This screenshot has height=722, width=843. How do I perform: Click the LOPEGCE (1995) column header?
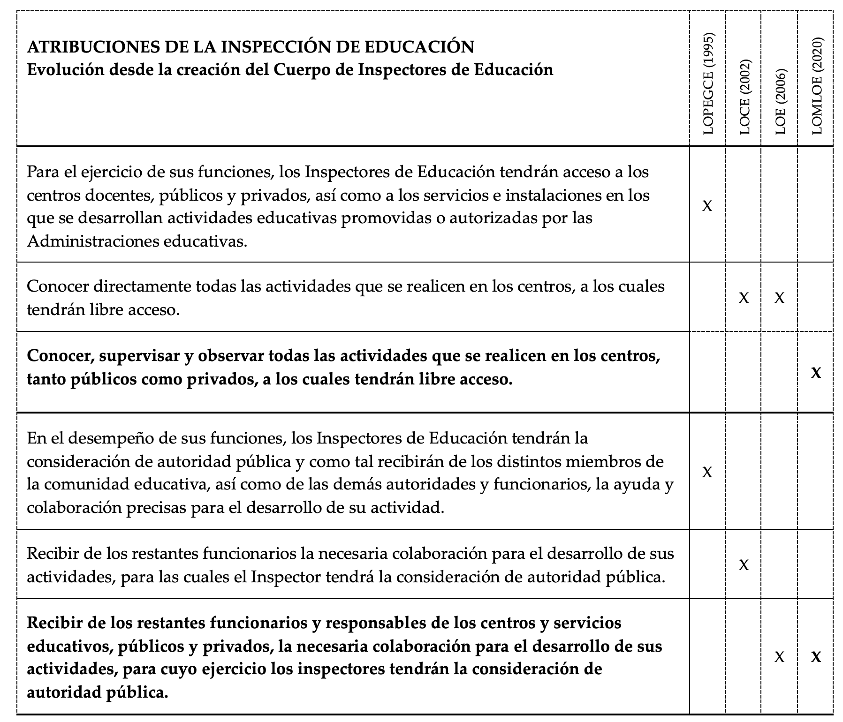(x=708, y=84)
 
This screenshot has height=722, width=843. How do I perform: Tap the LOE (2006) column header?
(x=780, y=102)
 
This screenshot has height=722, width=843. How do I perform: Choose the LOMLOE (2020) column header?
(x=816, y=86)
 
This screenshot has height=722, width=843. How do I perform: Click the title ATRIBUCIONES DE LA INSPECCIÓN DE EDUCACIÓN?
(x=251, y=47)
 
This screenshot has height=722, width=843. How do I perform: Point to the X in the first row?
(x=707, y=205)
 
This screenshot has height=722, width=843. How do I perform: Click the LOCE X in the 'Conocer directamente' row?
(x=744, y=298)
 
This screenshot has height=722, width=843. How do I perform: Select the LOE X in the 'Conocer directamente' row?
(x=779, y=298)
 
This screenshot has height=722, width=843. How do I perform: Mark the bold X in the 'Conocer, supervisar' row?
(x=816, y=373)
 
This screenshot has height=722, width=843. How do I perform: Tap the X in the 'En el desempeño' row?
(x=707, y=472)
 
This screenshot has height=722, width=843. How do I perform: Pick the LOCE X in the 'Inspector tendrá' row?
(x=744, y=565)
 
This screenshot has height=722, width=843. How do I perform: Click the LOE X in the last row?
(x=779, y=657)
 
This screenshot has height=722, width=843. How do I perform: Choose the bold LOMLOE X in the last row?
(x=816, y=657)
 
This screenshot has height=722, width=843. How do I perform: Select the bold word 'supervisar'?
(x=134, y=356)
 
